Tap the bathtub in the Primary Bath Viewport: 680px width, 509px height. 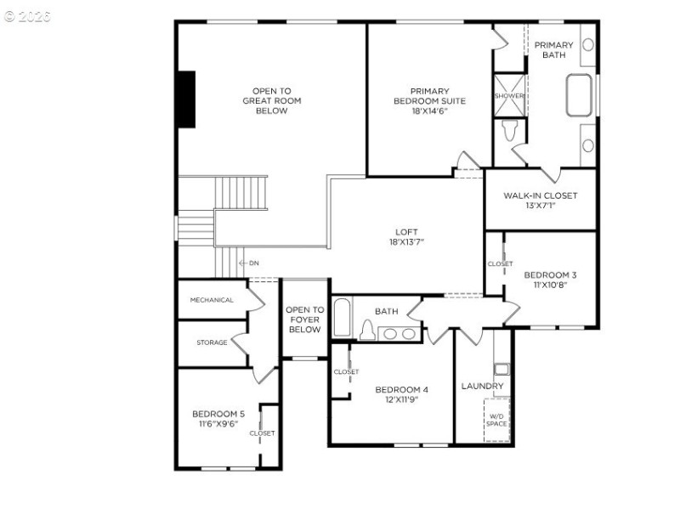pos(580,95)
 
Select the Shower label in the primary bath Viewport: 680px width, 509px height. pos(509,96)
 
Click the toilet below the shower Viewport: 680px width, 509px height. pos(510,130)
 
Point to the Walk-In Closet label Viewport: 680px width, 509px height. pos(540,201)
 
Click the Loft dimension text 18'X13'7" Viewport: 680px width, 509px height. pos(406,242)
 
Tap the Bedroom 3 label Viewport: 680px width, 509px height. pos(550,280)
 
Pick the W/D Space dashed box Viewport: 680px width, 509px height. pos(496,420)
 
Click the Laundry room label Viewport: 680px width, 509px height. pos(482,386)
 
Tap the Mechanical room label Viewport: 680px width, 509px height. pos(212,300)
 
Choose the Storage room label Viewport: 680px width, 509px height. pos(212,342)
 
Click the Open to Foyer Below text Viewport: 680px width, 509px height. pos(304,320)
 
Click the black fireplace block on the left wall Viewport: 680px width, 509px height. pos(186,99)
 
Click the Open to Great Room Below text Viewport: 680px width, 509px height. pos(271,100)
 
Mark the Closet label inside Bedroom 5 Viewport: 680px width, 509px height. pos(262,433)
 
